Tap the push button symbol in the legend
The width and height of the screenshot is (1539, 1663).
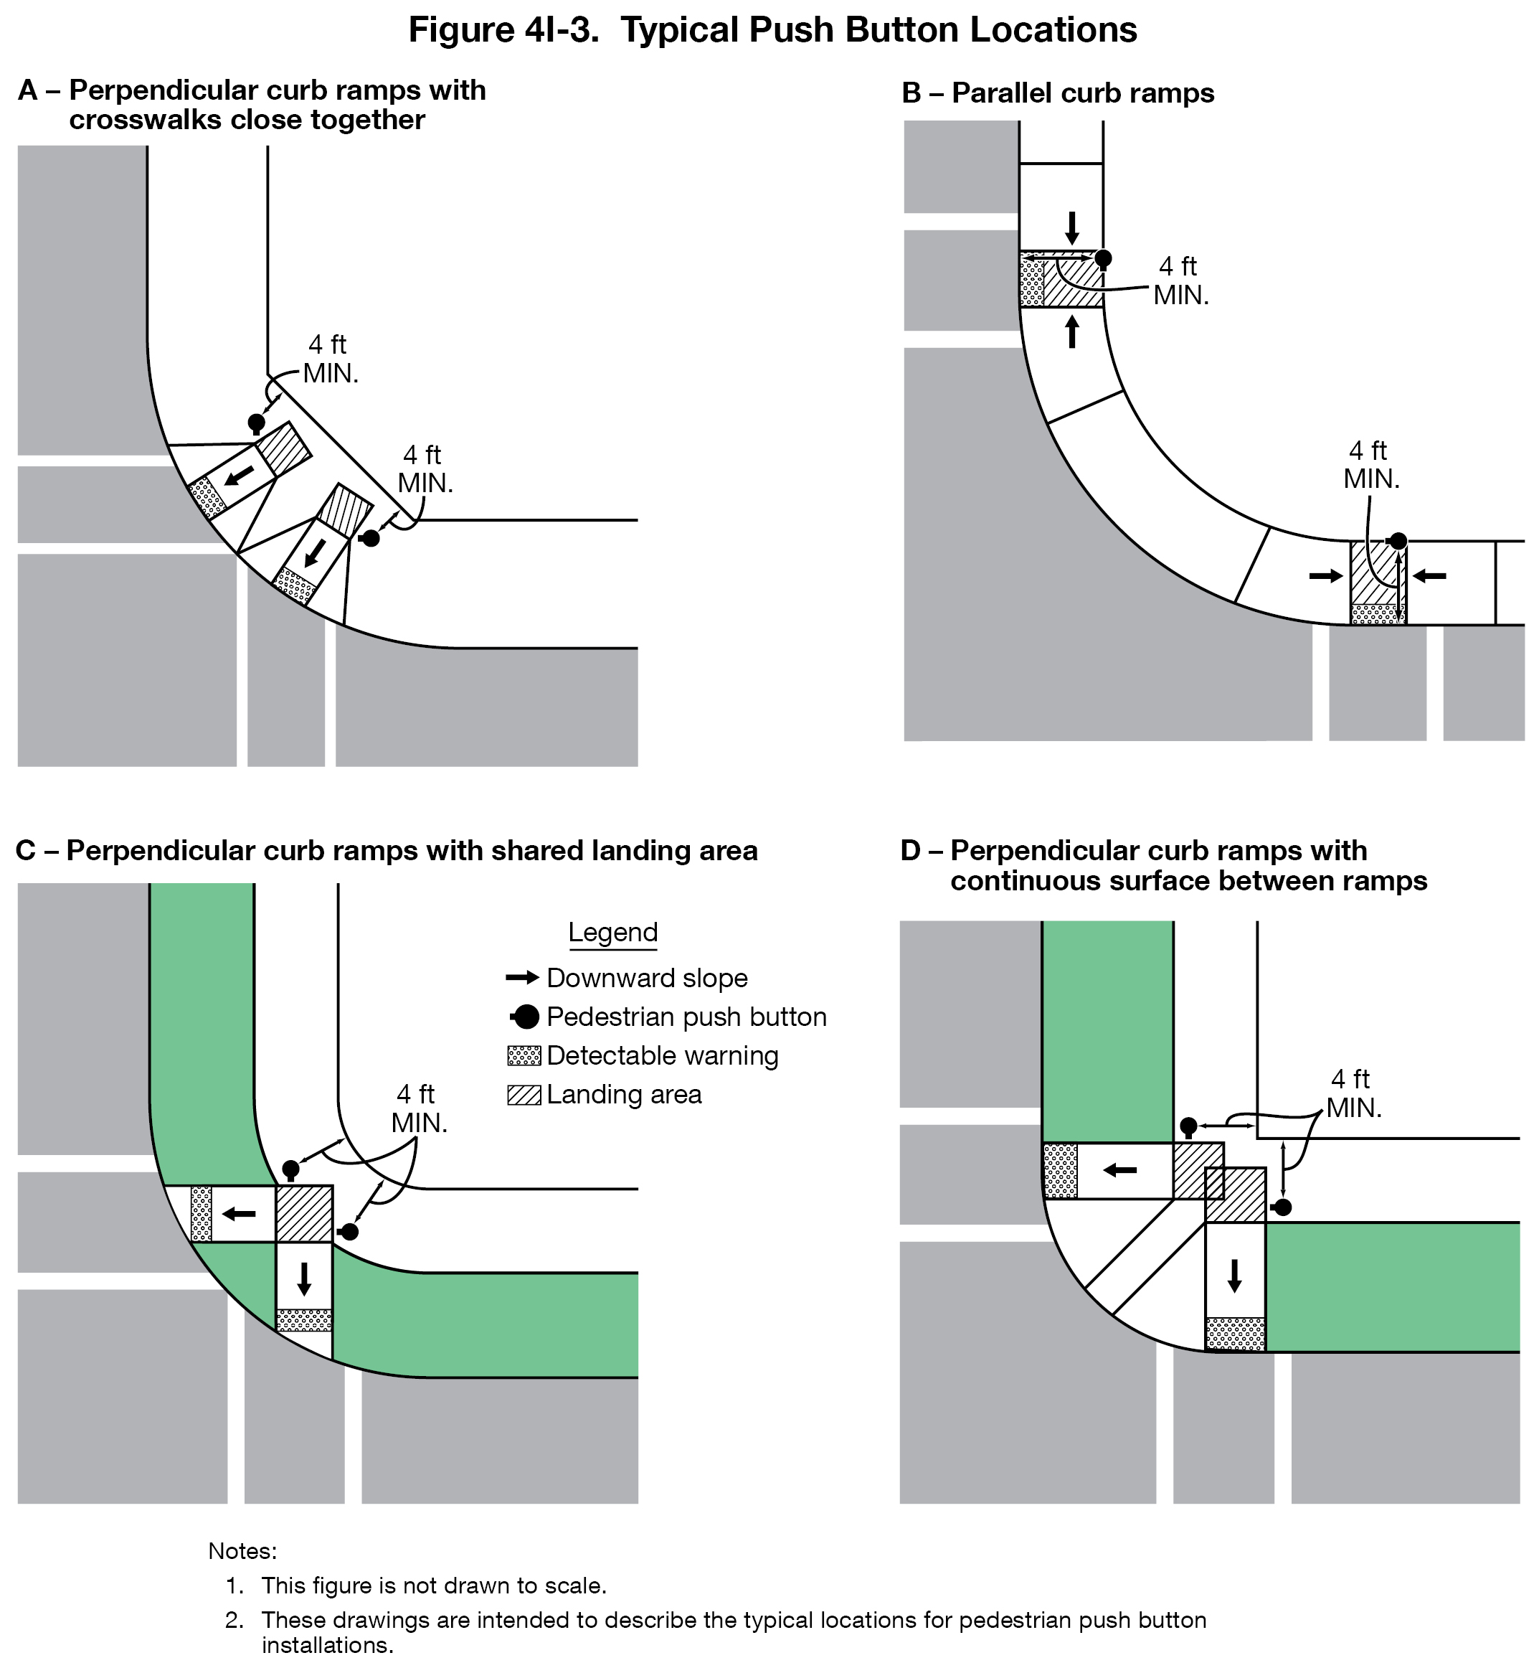[x=526, y=1017]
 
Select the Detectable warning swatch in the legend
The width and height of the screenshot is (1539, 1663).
[x=524, y=1055]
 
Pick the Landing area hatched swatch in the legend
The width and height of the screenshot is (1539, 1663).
[x=524, y=1094]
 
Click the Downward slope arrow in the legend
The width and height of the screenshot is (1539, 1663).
[x=522, y=977]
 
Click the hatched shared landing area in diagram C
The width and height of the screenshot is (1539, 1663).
[x=304, y=1213]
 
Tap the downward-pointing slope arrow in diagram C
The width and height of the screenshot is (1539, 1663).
[x=304, y=1278]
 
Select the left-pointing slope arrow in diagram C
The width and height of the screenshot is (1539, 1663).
[x=239, y=1213]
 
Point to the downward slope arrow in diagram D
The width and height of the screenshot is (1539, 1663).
[x=1234, y=1275]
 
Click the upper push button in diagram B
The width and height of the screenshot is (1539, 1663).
[x=1103, y=258]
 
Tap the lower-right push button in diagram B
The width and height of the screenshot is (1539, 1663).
[x=1398, y=541]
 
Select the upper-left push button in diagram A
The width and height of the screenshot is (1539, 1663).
[x=257, y=423]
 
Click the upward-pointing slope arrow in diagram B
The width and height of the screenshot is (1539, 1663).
[x=1072, y=331]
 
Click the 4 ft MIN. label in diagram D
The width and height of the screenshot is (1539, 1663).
[x=1353, y=1093]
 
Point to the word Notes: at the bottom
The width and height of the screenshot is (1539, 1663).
[x=242, y=1550]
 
